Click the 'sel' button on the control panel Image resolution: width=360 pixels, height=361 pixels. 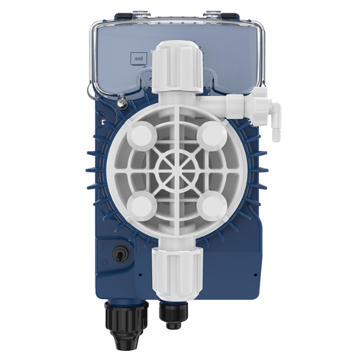137,59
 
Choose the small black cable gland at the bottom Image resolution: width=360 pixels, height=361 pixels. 173,315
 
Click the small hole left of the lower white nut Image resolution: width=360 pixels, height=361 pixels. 140,275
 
